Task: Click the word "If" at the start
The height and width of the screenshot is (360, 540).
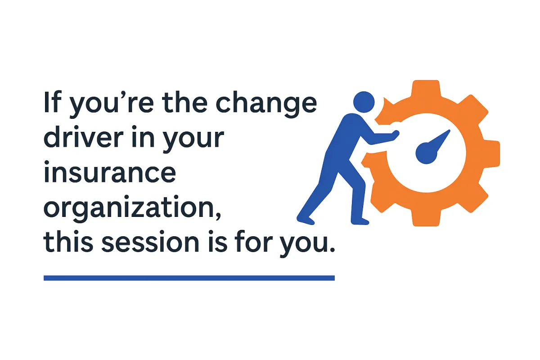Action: click(x=52, y=102)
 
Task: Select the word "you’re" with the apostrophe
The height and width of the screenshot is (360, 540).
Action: click(x=111, y=104)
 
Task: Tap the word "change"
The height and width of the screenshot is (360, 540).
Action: click(x=266, y=104)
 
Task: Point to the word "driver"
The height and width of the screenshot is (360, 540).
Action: click(x=83, y=136)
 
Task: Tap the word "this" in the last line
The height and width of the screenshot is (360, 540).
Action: click(x=68, y=241)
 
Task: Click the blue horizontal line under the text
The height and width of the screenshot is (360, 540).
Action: click(x=189, y=278)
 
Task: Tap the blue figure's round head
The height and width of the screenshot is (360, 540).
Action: click(x=364, y=102)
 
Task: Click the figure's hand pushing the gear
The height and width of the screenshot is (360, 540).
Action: click(x=394, y=135)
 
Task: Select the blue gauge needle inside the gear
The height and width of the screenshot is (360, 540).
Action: click(x=432, y=147)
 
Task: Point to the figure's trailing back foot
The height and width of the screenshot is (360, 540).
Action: click(x=305, y=220)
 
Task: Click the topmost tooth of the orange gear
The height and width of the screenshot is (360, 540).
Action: click(x=426, y=87)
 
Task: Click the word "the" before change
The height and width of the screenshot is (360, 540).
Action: click(x=184, y=102)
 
